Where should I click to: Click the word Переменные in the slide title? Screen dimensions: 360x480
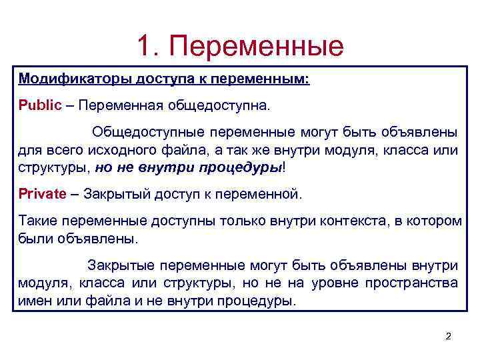pyautogui.click(x=257, y=45)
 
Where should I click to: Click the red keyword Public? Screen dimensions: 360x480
pyautogui.click(x=40, y=105)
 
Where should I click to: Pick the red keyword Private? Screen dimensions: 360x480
pyautogui.click(x=43, y=194)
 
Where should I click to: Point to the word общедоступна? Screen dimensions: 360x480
pyautogui.click(x=231, y=105)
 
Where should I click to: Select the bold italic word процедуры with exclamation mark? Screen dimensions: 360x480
pyautogui.click(x=241, y=167)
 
